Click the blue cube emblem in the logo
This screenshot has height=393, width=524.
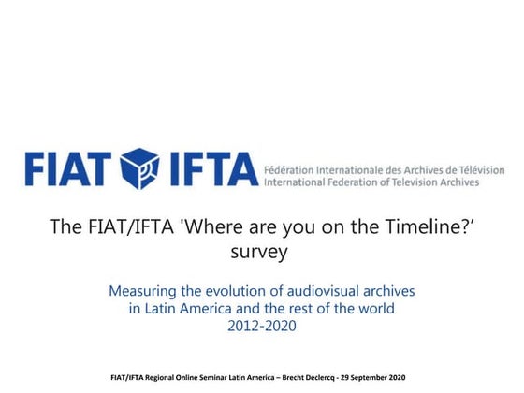point(141,168)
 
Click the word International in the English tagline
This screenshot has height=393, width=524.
point(301,183)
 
